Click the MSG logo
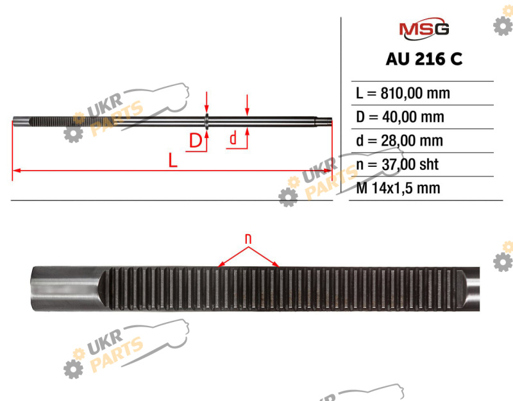point(424,28)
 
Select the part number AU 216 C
point(424,59)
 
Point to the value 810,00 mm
point(415,93)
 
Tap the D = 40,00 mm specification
point(400,117)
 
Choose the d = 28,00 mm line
point(399,141)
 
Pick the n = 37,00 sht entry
point(397,164)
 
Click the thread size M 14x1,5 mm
point(398,188)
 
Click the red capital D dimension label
point(196,141)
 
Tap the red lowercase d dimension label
point(233,138)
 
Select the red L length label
point(172,160)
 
